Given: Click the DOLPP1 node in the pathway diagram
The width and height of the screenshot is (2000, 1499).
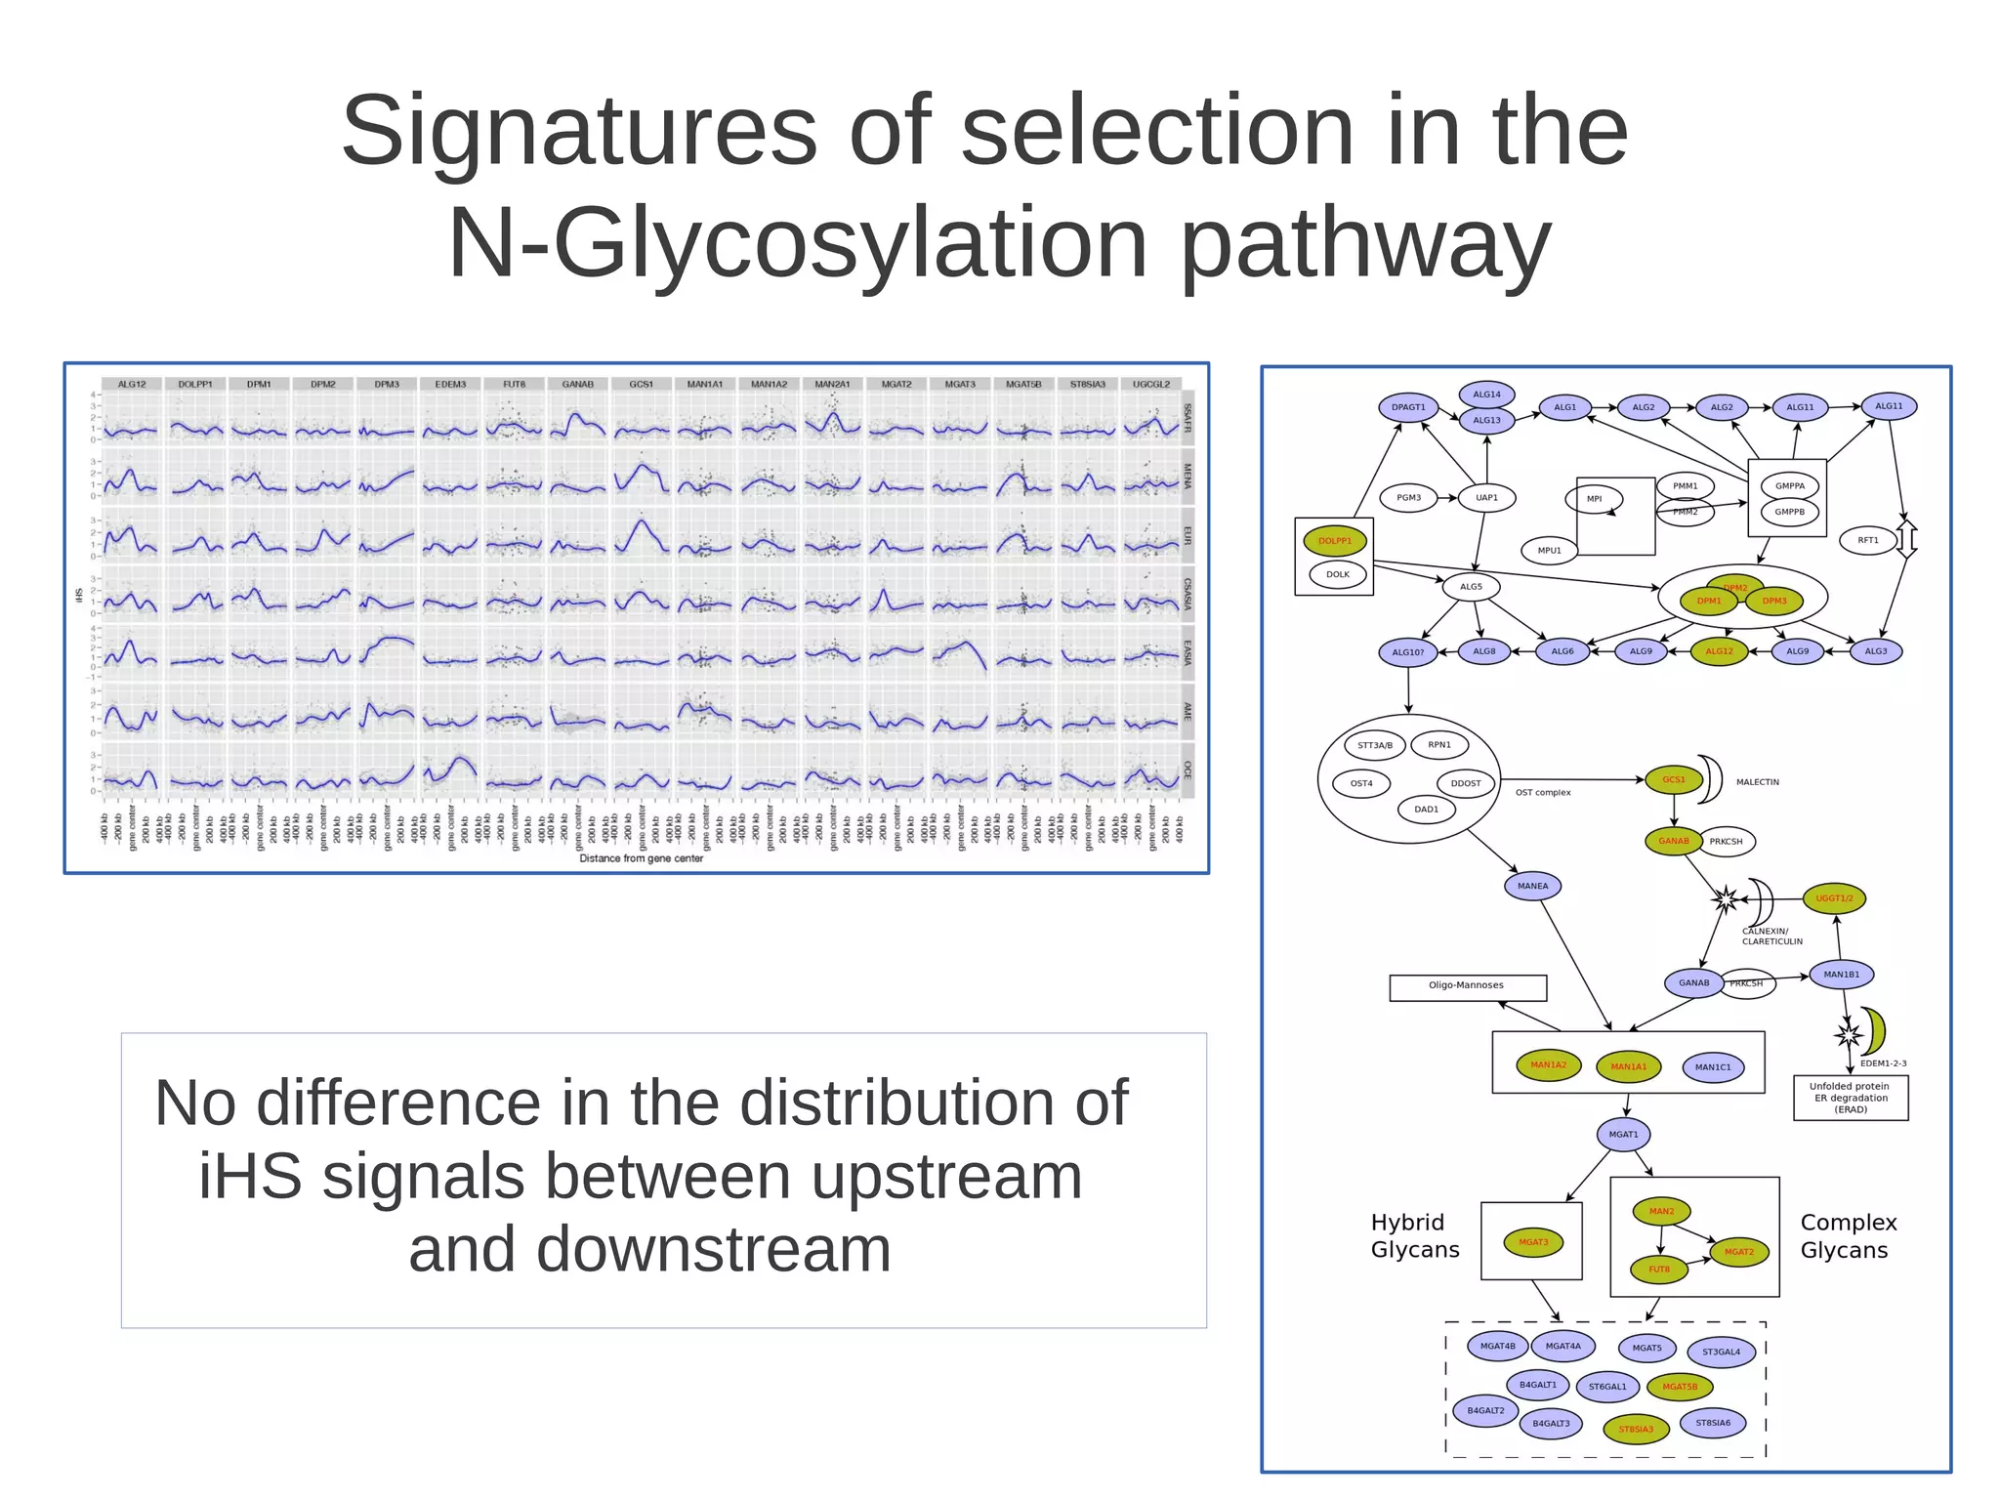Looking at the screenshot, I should (1334, 540).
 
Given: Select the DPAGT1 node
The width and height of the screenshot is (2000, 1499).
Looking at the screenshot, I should (1408, 407).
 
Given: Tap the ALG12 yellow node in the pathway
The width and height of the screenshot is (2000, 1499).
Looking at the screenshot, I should (1719, 651).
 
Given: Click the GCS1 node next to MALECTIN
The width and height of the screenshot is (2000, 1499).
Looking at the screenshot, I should (1674, 779).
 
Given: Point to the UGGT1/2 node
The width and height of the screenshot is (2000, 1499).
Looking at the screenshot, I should (1834, 898).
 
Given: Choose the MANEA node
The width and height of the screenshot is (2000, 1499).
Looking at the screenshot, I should (1532, 886).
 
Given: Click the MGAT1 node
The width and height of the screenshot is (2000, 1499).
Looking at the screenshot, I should (1623, 1134).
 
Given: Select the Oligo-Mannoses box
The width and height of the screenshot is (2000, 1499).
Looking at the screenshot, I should (1467, 986).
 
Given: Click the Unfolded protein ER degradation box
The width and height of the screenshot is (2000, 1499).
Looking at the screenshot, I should (1850, 1098).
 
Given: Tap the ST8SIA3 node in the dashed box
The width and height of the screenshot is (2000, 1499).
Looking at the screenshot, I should (1636, 1429).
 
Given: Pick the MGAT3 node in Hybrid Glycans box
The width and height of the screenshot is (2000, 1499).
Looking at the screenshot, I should (1533, 1242).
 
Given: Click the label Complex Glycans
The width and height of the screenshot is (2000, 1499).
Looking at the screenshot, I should (1847, 1236).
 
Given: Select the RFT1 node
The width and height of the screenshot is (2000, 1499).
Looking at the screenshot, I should (1867, 540).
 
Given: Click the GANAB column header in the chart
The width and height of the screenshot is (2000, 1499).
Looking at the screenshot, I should (577, 385).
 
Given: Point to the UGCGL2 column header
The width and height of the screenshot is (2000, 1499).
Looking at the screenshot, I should (1150, 385).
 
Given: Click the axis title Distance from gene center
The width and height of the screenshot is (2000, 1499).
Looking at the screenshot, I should (641, 858).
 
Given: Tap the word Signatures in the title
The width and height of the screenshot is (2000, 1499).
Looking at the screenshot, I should (578, 131).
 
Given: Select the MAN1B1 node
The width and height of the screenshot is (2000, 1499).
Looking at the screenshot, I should (1841, 974).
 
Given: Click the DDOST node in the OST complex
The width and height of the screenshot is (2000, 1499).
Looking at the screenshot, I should (1465, 783).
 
